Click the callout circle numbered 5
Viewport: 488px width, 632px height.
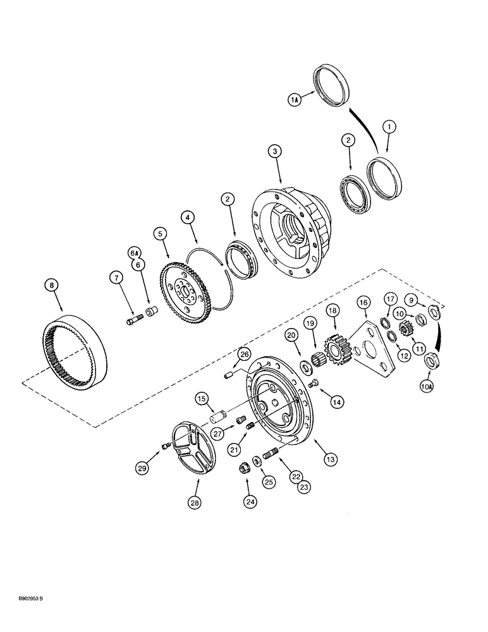161,234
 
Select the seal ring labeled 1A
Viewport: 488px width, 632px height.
334,83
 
